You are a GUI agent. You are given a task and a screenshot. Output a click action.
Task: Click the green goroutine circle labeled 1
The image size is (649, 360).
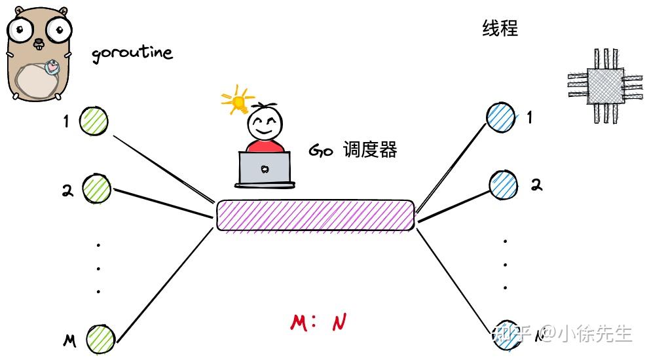tap(94, 121)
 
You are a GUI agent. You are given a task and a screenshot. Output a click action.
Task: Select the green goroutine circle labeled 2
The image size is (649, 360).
tap(97, 189)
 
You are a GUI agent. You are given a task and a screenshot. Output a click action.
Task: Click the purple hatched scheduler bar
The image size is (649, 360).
tap(315, 215)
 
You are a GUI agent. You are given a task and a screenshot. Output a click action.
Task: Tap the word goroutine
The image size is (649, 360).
tap(132, 53)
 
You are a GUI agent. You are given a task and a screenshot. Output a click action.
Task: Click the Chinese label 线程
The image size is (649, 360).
tap(500, 29)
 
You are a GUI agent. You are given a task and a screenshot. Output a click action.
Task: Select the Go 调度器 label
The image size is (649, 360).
tap(352, 151)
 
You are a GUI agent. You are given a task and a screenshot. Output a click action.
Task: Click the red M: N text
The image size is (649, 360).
tap(318, 322)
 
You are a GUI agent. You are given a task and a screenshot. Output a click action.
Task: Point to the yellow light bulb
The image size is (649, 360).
tap(238, 101)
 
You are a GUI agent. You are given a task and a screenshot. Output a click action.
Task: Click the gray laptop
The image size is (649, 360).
tap(264, 168)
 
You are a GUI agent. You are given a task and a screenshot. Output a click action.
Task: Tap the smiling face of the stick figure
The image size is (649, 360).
tap(265, 123)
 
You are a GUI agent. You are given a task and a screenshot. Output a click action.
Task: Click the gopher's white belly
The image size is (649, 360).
tap(35, 82)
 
